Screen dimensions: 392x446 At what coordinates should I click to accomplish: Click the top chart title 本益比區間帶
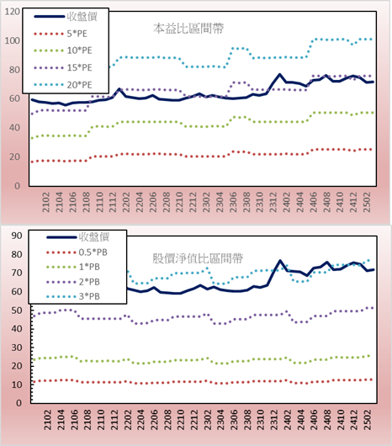pyautogui.click(x=188, y=29)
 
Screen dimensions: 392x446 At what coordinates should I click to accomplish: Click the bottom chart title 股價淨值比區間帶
pyautogui.click(x=198, y=258)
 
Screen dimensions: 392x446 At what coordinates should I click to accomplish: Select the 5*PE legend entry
pyautogui.click(x=61, y=34)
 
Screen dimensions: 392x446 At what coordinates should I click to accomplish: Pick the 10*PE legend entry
pyautogui.click(x=63, y=50)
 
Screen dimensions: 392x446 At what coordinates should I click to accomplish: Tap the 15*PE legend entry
pyautogui.click(x=63, y=67)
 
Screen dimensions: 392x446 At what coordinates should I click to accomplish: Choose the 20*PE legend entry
pyautogui.click(x=63, y=85)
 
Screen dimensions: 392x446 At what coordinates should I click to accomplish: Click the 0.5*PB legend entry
pyautogui.click(x=77, y=252)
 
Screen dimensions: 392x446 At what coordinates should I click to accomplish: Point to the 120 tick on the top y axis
pyautogui.click(x=13, y=12)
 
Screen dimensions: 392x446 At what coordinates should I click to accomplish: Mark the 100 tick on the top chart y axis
pyautogui.click(x=13, y=40)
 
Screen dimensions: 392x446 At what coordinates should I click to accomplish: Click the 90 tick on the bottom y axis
pyautogui.click(x=17, y=236)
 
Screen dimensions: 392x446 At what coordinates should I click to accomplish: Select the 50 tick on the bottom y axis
pyautogui.click(x=17, y=311)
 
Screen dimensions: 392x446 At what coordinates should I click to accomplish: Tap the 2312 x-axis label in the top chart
pyautogui.click(x=273, y=202)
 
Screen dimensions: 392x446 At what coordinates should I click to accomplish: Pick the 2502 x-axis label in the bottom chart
pyautogui.click(x=368, y=420)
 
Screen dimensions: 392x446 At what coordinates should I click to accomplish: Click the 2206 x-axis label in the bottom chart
pyautogui.click(x=153, y=420)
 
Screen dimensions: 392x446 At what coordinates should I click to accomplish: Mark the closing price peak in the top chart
pyautogui.click(x=279, y=75)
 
